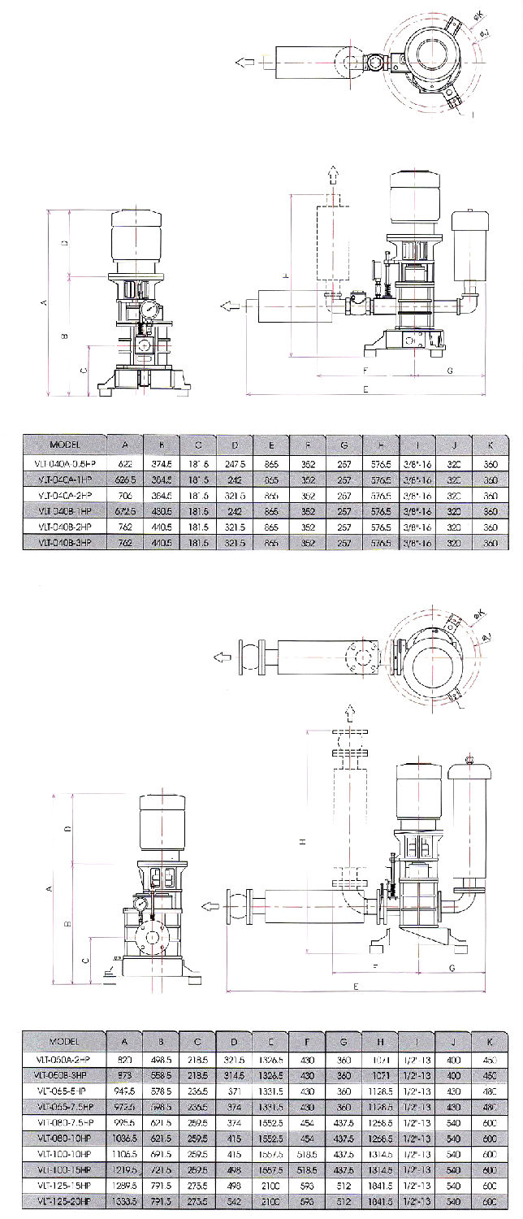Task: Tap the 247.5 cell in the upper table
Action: click(236, 462)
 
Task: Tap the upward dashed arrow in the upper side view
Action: click(331, 173)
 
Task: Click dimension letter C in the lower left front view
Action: click(86, 959)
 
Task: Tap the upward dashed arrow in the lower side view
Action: click(350, 714)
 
